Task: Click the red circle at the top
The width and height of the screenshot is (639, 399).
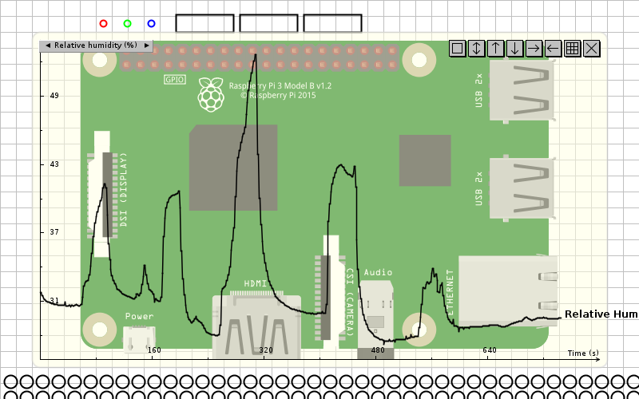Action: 103,24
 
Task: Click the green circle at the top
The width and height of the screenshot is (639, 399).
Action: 127,24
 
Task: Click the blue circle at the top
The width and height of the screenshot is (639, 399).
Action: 151,24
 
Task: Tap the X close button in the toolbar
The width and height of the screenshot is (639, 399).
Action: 592,49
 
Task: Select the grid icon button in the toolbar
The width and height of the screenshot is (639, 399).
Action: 573,49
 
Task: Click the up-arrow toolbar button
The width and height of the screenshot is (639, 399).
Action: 496,49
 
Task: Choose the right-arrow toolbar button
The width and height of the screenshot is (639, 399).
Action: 534,49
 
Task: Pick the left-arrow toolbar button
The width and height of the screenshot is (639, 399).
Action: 554,49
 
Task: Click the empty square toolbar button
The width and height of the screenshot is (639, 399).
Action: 458,49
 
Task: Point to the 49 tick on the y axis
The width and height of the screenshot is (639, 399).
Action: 54,96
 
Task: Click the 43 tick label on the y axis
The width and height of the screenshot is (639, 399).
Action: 54,164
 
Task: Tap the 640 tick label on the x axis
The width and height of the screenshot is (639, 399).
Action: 490,350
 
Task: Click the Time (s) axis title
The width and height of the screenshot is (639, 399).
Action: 583,353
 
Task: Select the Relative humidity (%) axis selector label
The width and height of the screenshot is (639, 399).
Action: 96,45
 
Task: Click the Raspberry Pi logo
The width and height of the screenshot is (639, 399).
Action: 211,94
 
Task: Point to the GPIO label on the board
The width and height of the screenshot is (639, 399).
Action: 175,80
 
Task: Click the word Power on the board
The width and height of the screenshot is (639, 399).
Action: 140,317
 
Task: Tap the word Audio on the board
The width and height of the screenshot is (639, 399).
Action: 378,272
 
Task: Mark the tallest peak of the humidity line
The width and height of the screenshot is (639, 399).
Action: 255,55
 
